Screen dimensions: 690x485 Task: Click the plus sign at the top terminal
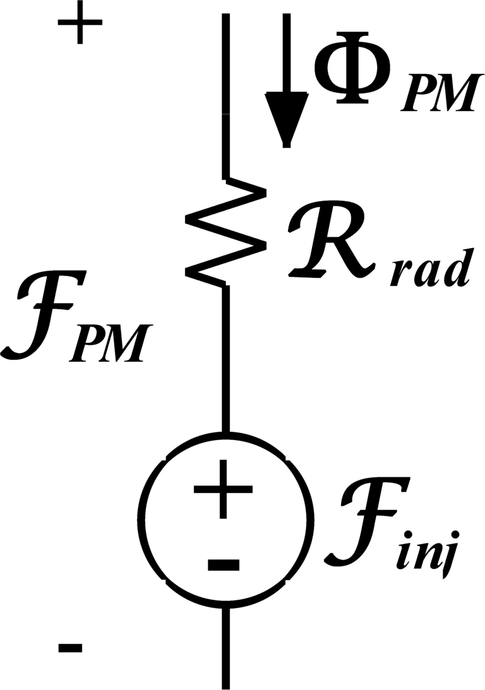pyautogui.click(x=80, y=28)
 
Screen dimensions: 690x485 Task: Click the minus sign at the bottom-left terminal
pyautogui.click(x=70, y=648)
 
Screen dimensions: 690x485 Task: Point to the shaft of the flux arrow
pyautogui.click(x=287, y=51)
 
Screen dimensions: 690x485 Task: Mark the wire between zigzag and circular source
pyautogui.click(x=225, y=360)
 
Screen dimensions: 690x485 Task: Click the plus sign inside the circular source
pyautogui.click(x=223, y=489)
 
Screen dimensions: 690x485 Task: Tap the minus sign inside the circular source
pyautogui.click(x=223, y=564)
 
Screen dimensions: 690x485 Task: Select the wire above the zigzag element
pyautogui.click(x=225, y=95)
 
